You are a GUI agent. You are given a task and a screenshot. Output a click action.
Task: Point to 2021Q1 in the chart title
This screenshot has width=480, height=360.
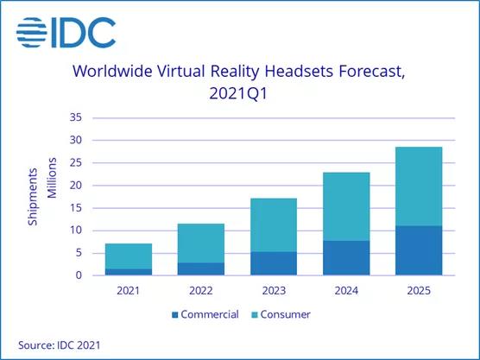point(240,93)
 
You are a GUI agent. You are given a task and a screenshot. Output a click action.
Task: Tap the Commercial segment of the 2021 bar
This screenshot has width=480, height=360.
point(129,271)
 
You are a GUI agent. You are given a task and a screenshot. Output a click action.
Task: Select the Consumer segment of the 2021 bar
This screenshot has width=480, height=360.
point(129,256)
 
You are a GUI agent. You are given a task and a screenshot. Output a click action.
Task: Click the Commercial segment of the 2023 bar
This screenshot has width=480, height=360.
point(274,263)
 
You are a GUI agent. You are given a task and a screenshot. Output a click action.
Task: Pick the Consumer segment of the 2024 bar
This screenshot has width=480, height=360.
point(346,206)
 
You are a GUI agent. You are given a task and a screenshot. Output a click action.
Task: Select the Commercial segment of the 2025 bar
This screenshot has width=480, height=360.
point(419,250)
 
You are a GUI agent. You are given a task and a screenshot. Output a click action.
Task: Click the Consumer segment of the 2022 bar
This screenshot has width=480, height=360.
point(201,243)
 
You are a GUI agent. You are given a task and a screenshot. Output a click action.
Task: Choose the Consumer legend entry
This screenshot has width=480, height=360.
point(284,313)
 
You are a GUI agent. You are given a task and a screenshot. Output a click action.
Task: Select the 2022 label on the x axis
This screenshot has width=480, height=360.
point(201,291)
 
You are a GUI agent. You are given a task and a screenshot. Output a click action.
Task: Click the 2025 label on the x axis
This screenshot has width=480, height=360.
point(419,291)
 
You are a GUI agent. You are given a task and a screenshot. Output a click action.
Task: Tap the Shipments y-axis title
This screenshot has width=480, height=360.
point(33,197)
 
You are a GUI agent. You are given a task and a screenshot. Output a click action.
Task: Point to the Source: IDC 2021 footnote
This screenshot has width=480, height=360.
point(60,344)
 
